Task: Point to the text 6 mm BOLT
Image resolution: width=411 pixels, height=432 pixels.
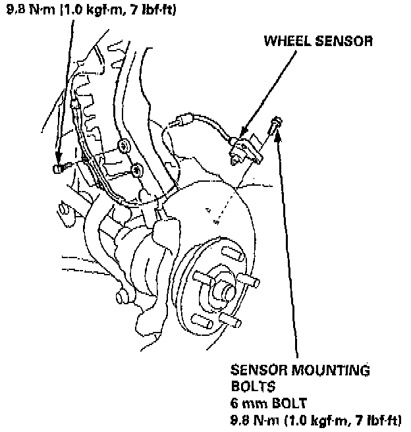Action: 267,402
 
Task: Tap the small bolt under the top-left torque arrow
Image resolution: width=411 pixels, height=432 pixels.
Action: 57,169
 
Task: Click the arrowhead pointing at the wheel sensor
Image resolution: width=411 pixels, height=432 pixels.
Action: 242,136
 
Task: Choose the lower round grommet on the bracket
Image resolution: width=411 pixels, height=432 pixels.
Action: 135,171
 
